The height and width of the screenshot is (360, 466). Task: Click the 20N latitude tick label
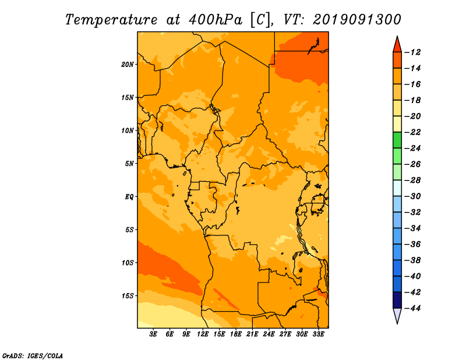pyautogui.click(x=127, y=65)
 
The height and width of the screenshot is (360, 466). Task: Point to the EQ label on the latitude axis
pyautogui.click(x=129, y=197)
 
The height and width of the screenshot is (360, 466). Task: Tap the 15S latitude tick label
pyautogui.click(x=127, y=296)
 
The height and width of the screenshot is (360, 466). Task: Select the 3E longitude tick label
pyautogui.click(x=153, y=334)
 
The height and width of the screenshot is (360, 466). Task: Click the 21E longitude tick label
pyautogui.click(x=252, y=334)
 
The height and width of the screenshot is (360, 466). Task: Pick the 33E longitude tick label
pyautogui.click(x=318, y=334)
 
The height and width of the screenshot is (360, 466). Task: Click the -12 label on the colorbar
pyautogui.click(x=412, y=52)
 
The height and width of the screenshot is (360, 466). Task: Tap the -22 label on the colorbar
pyautogui.click(x=412, y=132)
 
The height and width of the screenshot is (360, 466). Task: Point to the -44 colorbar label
pyautogui.click(x=412, y=308)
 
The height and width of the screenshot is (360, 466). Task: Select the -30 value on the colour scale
pyautogui.click(x=412, y=196)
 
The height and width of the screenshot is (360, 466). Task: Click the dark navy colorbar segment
pyautogui.click(x=397, y=300)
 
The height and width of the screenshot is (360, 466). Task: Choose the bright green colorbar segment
pyautogui.click(x=397, y=140)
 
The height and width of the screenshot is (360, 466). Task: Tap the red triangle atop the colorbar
pyautogui.click(x=397, y=45)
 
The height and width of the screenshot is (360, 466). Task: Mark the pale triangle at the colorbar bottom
pyautogui.click(x=397, y=315)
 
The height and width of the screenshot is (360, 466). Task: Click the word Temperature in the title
pyautogui.click(x=111, y=20)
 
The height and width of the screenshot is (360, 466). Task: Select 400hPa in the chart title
pyautogui.click(x=216, y=20)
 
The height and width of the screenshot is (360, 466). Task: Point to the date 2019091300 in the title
pyautogui.click(x=357, y=19)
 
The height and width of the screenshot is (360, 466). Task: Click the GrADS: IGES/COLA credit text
pyautogui.click(x=33, y=355)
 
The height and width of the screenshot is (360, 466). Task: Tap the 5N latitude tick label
pyautogui.click(x=129, y=164)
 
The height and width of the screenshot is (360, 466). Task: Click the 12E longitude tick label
pyautogui.click(x=202, y=334)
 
